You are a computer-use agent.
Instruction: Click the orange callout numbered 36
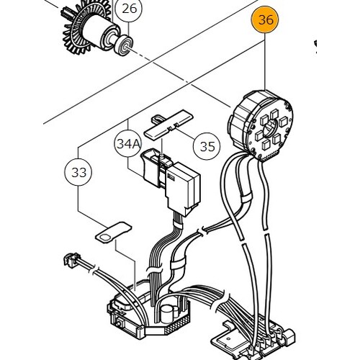(x=265, y=19)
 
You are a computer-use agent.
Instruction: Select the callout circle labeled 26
(x=129, y=9)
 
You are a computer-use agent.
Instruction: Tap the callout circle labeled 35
(x=207, y=146)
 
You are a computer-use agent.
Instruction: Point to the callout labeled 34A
(x=128, y=144)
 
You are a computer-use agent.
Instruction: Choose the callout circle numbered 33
(x=78, y=172)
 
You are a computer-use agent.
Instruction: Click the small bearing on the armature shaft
(x=123, y=45)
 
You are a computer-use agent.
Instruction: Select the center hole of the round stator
(x=271, y=127)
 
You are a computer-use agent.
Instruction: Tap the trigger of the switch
(x=150, y=166)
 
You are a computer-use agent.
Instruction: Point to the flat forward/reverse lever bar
(x=168, y=124)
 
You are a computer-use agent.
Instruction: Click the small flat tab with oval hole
(x=114, y=232)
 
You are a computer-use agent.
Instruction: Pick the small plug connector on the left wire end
(x=71, y=260)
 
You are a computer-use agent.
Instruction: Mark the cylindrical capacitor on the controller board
(x=167, y=313)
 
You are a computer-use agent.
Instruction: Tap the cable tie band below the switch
(x=179, y=226)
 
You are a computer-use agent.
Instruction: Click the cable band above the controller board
(x=179, y=263)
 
